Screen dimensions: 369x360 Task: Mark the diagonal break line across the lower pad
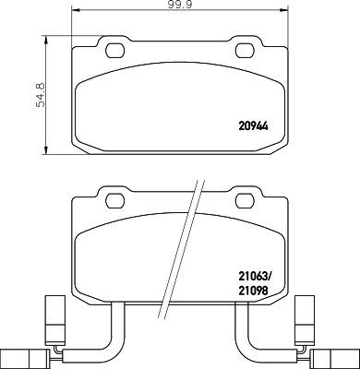pyautogui.click(x=180, y=249)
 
